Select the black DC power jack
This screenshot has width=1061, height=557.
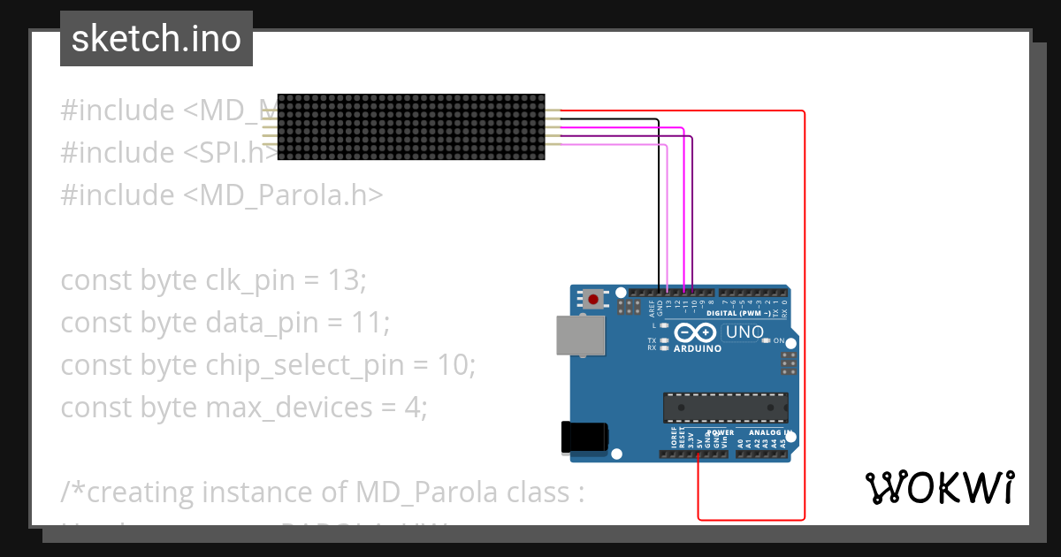click(x=584, y=437)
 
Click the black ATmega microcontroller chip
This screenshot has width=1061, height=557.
click(x=724, y=407)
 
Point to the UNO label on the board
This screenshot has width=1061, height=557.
click(x=744, y=332)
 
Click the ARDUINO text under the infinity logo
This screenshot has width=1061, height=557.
click(x=697, y=348)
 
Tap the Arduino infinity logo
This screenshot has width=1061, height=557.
click(x=696, y=332)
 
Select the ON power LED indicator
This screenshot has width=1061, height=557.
click(x=767, y=340)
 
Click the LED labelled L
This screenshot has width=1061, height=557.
click(x=663, y=325)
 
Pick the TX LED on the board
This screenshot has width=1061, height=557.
click(x=663, y=340)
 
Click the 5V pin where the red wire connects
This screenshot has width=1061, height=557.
click(x=698, y=454)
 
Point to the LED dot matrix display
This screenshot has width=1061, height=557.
click(x=411, y=127)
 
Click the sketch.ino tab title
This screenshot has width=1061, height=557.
click(x=156, y=39)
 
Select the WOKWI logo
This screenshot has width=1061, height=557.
click(x=939, y=487)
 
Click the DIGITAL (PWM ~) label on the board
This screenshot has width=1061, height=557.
click(x=737, y=314)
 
